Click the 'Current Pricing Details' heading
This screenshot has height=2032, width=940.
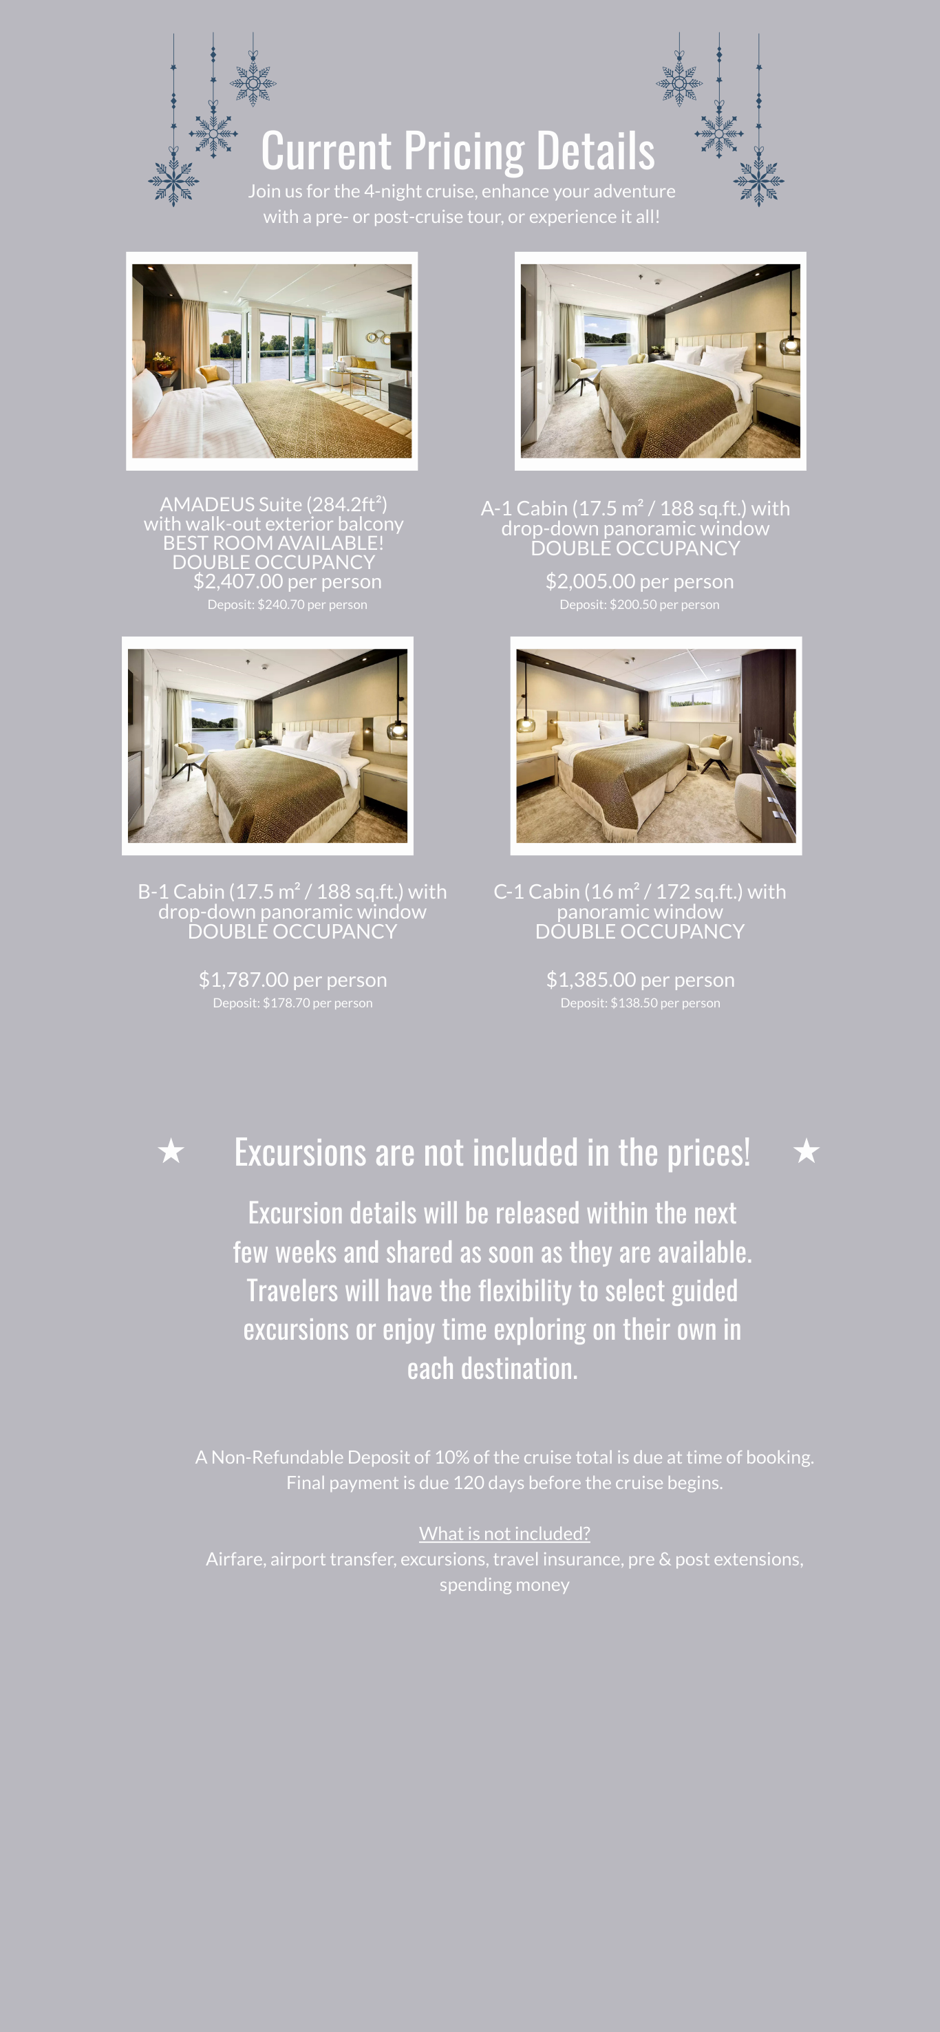pos(458,150)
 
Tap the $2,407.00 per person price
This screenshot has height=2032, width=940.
pos(287,581)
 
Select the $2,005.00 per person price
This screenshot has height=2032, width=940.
pos(639,581)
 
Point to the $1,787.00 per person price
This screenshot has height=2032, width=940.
pos(292,980)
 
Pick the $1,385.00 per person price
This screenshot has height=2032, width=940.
pos(639,980)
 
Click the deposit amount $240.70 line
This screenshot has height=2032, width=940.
pos(287,605)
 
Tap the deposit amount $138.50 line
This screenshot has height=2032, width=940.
pos(639,1003)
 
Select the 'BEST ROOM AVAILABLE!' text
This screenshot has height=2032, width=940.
pos(273,543)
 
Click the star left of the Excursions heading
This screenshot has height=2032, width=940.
pos(171,1152)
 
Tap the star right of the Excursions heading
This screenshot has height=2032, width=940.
pos(806,1152)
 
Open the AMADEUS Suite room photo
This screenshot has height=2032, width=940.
pos(272,361)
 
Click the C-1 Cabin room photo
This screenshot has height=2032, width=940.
pos(656,746)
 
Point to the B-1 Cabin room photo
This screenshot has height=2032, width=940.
pos(267,746)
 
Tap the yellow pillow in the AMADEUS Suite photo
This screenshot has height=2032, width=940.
pos(209,373)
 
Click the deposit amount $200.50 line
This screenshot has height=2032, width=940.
pos(639,605)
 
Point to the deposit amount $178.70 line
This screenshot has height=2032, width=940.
pos(292,1003)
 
